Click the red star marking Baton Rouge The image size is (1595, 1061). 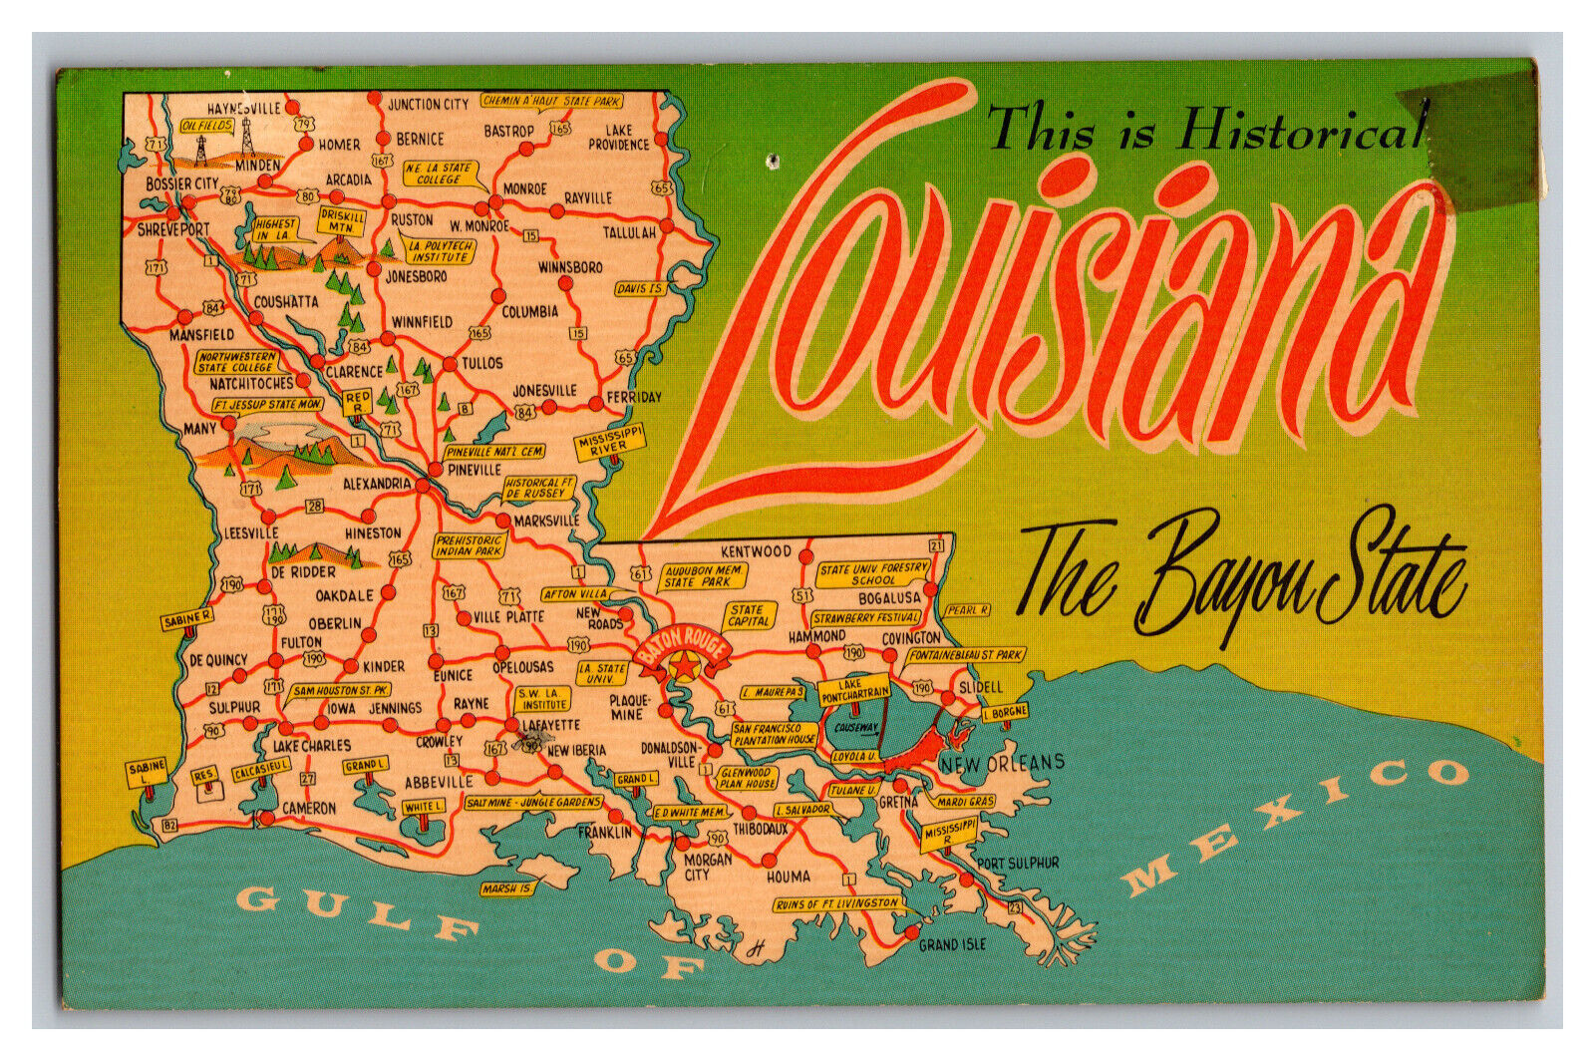pyautogui.click(x=684, y=665)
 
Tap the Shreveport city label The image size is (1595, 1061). pyautogui.click(x=173, y=229)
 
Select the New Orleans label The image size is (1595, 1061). pyautogui.click(x=1002, y=764)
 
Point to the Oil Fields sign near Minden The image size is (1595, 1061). pyautogui.click(x=207, y=127)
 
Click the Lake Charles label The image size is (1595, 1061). pyautogui.click(x=311, y=745)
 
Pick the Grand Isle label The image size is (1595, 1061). pyautogui.click(x=952, y=943)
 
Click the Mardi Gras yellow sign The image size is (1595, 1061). pyautogui.click(x=966, y=801)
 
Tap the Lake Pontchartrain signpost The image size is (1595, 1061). pyautogui.click(x=854, y=689)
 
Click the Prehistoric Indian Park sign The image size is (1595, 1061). pyautogui.click(x=470, y=545)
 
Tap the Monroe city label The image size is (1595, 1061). pyautogui.click(x=524, y=188)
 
